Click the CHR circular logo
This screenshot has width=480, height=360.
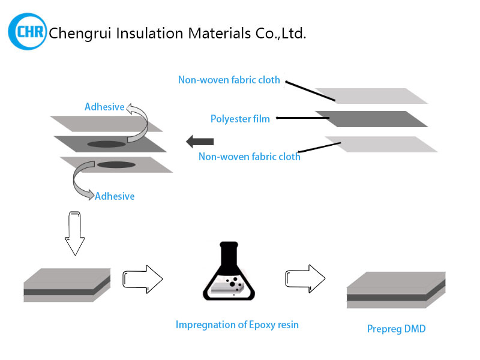click(28, 31)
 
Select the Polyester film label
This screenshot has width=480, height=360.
click(240, 119)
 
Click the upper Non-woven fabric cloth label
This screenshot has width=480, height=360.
click(229, 80)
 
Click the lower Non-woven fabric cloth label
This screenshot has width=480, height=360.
click(250, 157)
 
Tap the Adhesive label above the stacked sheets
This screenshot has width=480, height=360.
click(104, 107)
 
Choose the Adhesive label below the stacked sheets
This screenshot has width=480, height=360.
click(115, 196)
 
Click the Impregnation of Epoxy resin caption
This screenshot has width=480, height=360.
click(237, 325)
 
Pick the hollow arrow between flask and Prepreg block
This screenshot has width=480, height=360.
click(305, 278)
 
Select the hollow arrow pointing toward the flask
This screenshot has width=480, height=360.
click(142, 278)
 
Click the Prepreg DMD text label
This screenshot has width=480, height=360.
click(396, 329)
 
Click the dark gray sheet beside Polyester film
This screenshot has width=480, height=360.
click(371, 119)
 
